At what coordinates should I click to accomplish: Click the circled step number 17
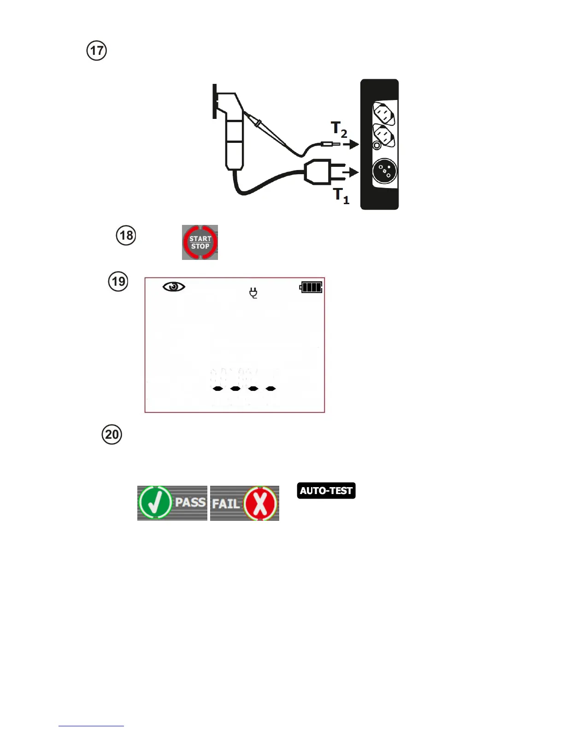coord(97,51)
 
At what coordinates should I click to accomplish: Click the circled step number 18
coord(126,235)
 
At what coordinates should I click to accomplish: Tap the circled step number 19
coord(118,281)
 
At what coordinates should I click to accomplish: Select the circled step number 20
coord(112,435)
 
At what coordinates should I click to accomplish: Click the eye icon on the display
coord(174,287)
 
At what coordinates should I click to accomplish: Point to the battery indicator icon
coord(311,288)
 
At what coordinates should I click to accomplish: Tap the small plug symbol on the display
coord(253,293)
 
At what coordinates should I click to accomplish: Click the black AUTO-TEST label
coord(326,490)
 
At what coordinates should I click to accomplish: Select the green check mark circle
coord(155,503)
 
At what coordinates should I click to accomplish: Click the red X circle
coord(260,503)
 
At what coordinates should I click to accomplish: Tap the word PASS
coord(190,502)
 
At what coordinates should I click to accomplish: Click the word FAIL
coord(226,504)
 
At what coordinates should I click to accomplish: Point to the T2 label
coord(339,129)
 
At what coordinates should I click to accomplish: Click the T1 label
coord(341,195)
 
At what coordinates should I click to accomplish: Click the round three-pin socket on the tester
coord(385,171)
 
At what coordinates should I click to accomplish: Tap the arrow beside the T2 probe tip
coord(351,144)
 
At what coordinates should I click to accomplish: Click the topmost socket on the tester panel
coord(383,113)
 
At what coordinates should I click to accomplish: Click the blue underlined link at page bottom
coord(91,725)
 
